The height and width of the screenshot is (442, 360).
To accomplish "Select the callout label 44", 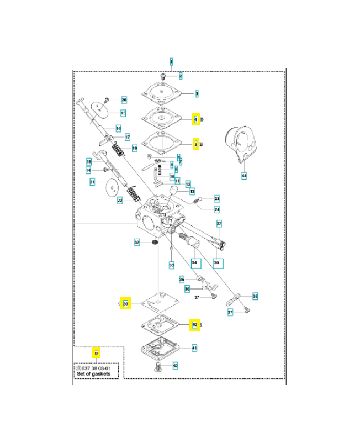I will coord(244,176).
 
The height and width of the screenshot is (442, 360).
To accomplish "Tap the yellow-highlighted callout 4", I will coord(195,119).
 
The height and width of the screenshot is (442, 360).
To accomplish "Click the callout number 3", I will coord(196,94).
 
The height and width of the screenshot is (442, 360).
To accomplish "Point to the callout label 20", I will coord(124,100).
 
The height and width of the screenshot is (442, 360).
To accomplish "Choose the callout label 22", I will coord(119,201).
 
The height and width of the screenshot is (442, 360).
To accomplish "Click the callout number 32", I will coord(137,242).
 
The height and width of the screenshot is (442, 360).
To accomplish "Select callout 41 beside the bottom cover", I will coord(194,348).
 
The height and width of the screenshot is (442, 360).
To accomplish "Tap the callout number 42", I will coord(175,365).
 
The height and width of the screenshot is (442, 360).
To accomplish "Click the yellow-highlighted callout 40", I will coord(194,324).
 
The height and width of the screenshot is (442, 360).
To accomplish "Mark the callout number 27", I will coord(219,224).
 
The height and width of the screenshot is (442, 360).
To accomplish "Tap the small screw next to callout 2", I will coord(163,75).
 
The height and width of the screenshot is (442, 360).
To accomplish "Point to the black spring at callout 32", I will coord(154,243).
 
